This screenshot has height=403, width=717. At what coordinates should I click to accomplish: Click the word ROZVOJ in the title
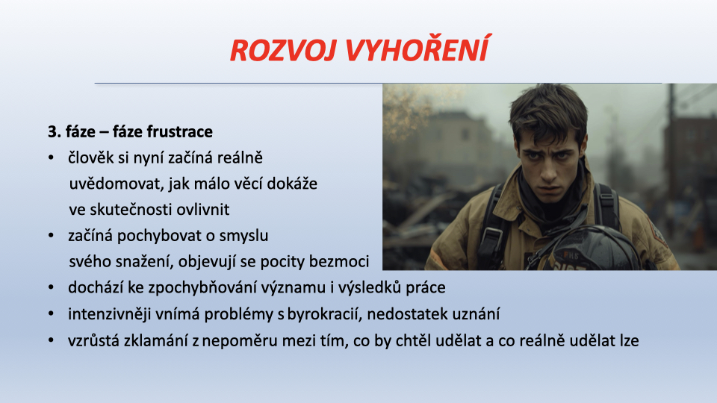click(x=285, y=50)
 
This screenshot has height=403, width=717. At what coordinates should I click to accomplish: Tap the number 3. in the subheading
click(x=54, y=131)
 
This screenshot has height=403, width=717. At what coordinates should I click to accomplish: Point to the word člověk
click(x=90, y=157)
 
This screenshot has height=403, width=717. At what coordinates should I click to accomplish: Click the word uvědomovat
click(x=117, y=184)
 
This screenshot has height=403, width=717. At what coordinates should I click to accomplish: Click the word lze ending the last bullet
click(x=629, y=340)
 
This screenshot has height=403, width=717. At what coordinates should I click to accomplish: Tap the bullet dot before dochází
click(x=52, y=287)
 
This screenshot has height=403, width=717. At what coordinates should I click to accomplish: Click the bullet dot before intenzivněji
click(x=52, y=314)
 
